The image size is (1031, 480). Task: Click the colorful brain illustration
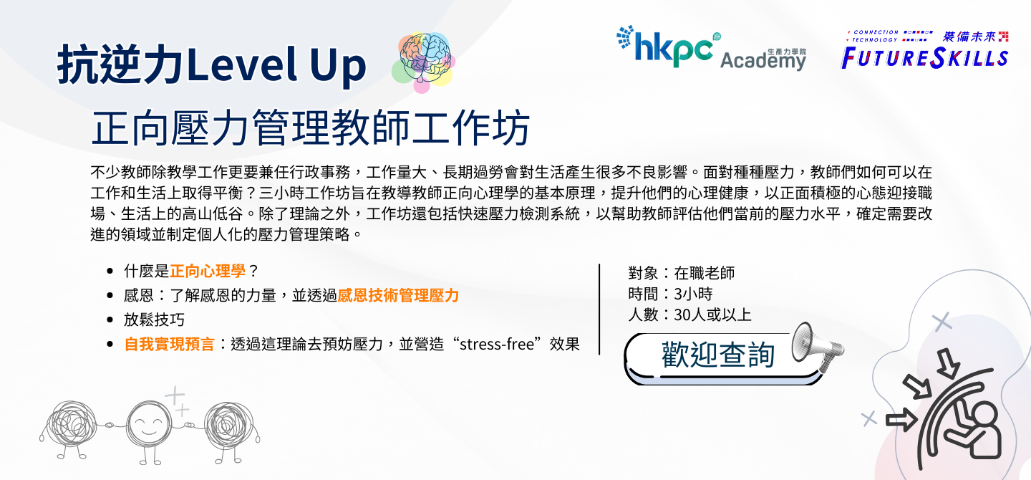click(423, 62)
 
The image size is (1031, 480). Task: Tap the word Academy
click(763, 60)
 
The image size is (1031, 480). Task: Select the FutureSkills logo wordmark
click(924, 59)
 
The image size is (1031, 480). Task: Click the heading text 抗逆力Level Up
click(212, 64)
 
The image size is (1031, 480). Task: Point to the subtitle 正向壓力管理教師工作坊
click(311, 128)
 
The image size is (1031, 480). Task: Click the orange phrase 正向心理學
click(208, 271)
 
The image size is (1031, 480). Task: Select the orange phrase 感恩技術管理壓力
click(398, 295)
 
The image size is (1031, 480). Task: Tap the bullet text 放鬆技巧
click(154, 320)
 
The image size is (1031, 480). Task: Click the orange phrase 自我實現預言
click(170, 344)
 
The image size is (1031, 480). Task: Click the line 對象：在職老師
click(681, 273)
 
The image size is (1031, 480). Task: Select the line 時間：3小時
click(670, 294)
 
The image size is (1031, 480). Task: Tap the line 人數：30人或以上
click(689, 315)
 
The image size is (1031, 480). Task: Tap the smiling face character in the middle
click(149, 426)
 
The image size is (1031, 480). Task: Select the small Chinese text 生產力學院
click(787, 52)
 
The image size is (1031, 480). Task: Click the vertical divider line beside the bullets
click(599, 309)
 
